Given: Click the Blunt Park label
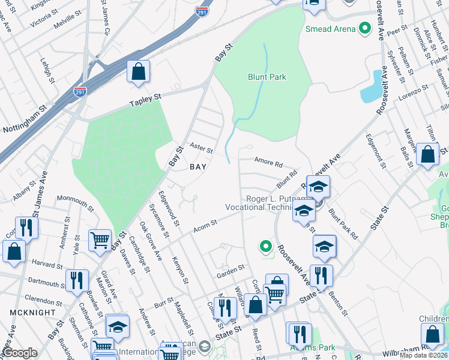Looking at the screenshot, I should (x=267, y=77).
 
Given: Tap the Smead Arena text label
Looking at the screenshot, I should (x=330, y=28).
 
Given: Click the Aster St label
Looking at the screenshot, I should (x=201, y=148).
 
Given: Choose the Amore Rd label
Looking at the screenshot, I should (x=268, y=163).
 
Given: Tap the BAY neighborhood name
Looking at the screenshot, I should (x=198, y=167).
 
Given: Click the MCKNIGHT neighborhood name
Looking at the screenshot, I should (x=28, y=313).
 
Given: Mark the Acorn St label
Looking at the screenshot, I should (x=205, y=227).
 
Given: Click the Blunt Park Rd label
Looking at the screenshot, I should (x=343, y=225).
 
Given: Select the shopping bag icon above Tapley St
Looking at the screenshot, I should (x=138, y=73).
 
